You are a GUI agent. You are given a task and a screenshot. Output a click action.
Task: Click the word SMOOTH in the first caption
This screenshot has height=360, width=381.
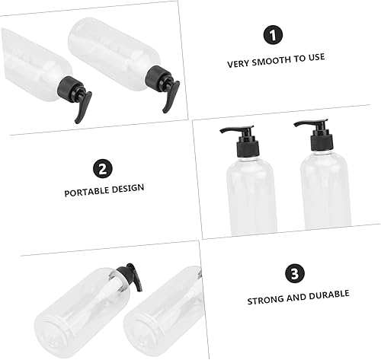coord(269,64)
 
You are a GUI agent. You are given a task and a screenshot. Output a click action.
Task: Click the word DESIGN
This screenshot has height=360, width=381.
coord(129,187)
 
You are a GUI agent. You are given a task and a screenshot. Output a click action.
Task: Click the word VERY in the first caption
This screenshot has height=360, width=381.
coord(238,64)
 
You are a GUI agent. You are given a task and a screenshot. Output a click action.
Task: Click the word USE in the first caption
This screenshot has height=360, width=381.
coord(315,64)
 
